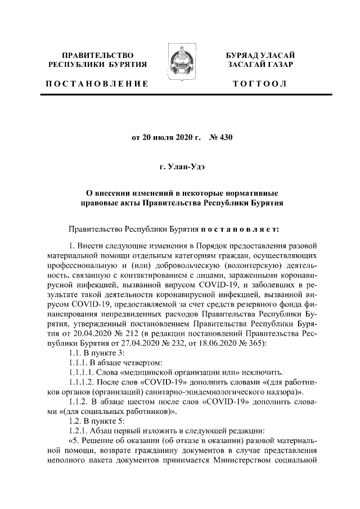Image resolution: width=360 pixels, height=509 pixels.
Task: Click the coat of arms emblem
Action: point(179,67)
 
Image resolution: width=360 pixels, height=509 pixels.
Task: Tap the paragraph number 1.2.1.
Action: point(79,432)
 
